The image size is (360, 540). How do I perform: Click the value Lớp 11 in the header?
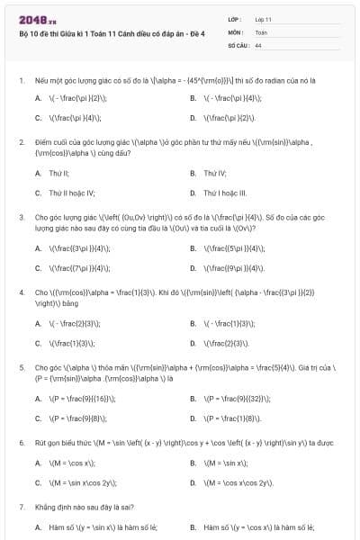click(x=264, y=19)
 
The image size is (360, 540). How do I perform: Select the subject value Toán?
click(x=261, y=31)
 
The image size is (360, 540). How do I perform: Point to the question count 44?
click(x=258, y=44)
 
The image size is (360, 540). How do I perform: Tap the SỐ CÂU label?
click(x=238, y=44)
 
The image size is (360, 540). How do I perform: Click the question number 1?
click(x=21, y=81)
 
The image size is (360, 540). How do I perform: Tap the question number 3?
click(x=21, y=217)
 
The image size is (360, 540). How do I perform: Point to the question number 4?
click(x=21, y=292)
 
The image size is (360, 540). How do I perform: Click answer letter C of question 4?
click(x=38, y=343)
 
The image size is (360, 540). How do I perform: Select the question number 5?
click(x=21, y=368)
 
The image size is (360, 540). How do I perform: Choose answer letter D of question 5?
click(x=193, y=418)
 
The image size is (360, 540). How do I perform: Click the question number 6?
click(x=21, y=443)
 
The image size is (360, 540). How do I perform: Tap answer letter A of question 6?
click(x=38, y=463)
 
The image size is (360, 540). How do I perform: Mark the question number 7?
click(x=21, y=508)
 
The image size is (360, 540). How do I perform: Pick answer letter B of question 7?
click(x=193, y=526)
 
